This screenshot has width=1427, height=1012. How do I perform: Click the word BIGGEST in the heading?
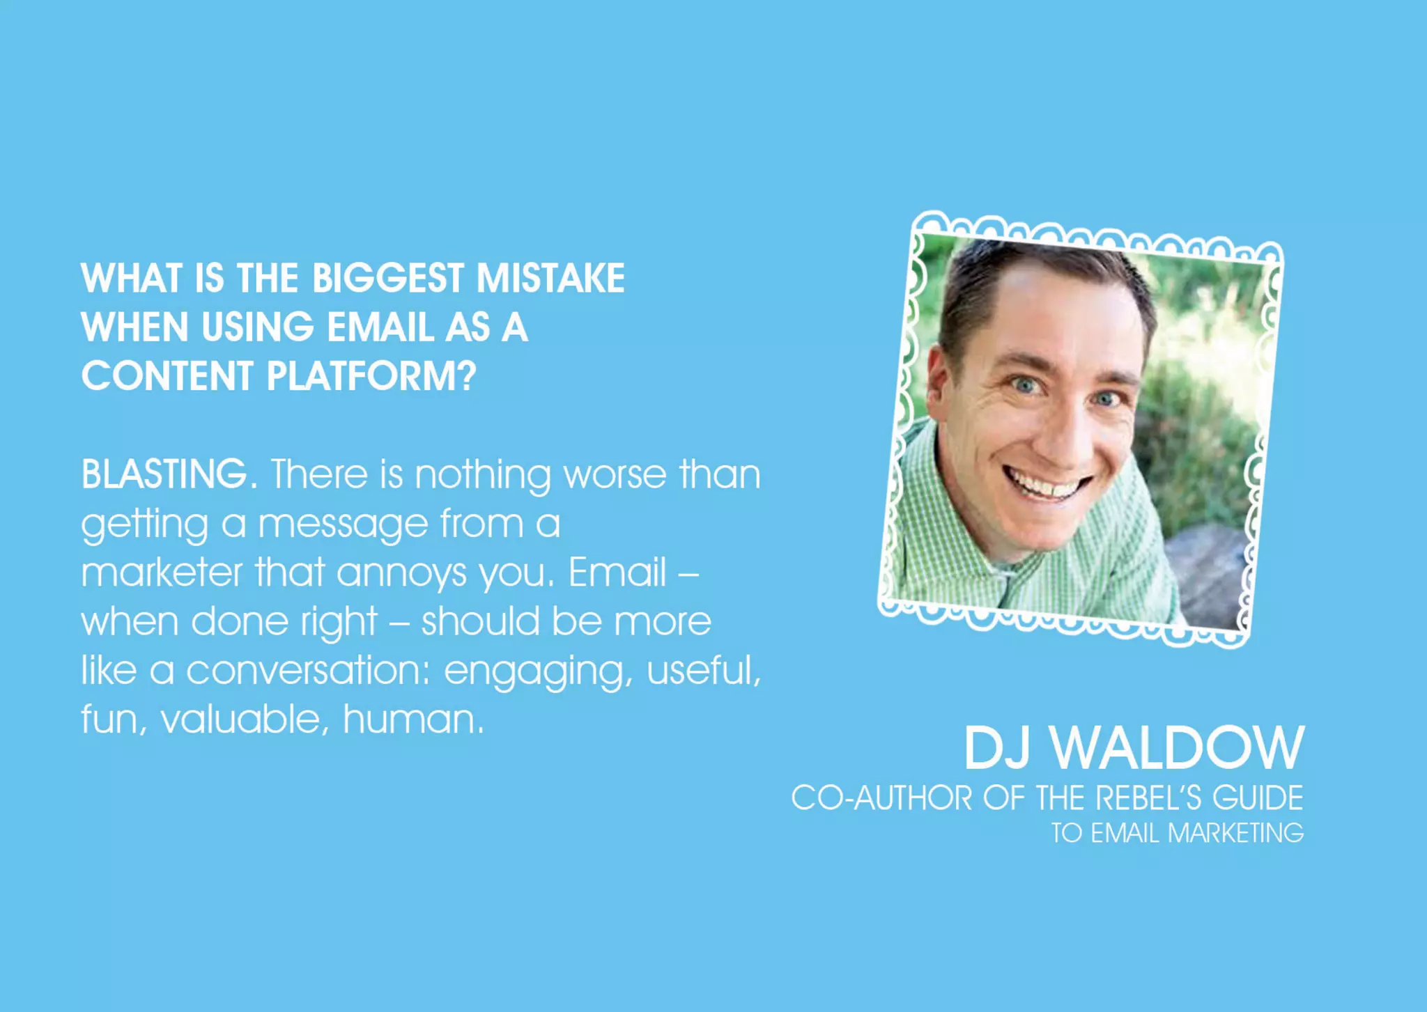(387, 278)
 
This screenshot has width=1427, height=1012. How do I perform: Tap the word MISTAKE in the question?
(550, 278)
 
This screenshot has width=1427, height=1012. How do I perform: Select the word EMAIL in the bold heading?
(380, 327)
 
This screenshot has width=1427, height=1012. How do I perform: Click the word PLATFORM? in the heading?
(371, 376)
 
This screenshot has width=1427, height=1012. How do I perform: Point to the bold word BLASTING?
(164, 474)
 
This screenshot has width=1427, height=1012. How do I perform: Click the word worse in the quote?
(615, 474)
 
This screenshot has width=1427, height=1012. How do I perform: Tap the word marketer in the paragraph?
(162, 573)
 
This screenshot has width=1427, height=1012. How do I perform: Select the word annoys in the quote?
(402, 574)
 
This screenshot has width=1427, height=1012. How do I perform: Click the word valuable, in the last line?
(245, 719)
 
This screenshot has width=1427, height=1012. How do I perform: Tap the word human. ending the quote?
(412, 719)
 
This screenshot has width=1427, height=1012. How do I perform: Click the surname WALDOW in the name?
(1177, 748)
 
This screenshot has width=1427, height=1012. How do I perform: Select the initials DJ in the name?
(996, 748)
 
